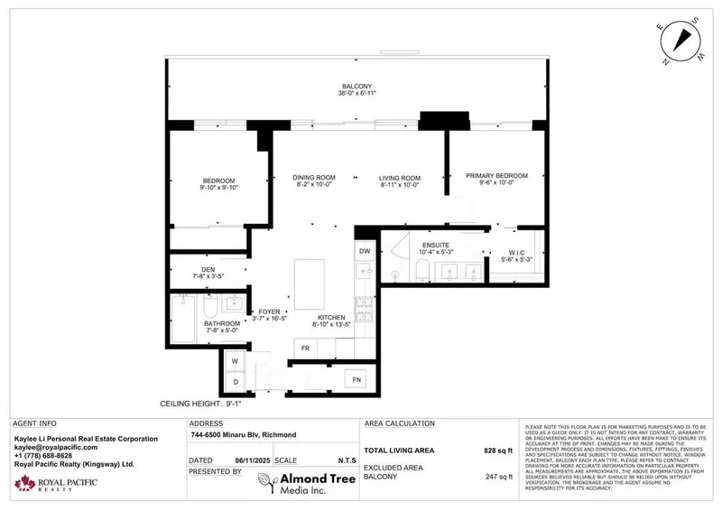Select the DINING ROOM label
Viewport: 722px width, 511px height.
316,178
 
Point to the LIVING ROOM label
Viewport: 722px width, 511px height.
400,178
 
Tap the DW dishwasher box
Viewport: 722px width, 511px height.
365,251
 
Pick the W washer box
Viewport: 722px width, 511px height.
234,361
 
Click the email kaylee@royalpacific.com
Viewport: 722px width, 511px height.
55,447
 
